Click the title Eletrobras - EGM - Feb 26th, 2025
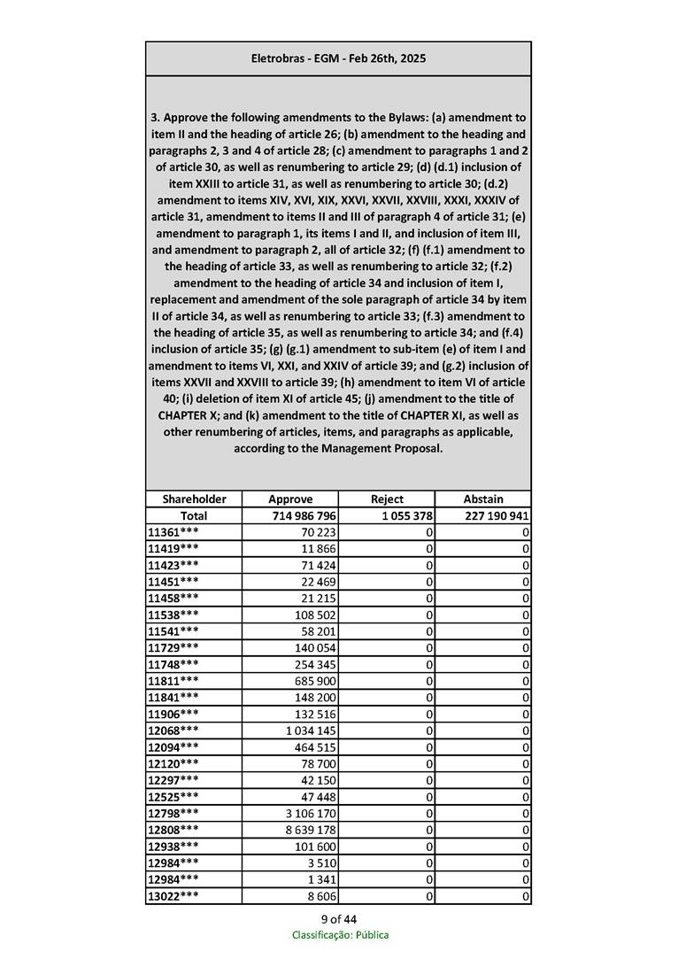[x=338, y=58]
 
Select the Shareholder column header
[x=194, y=499]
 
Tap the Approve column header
[x=290, y=499]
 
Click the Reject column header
[x=387, y=499]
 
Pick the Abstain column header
[x=482, y=499]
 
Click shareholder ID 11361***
[x=173, y=532]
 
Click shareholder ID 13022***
[x=173, y=896]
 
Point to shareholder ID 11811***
[x=173, y=681]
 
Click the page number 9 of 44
[x=339, y=919]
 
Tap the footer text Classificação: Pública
[x=340, y=935]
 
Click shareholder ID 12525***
[x=173, y=796]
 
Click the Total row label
[x=194, y=516]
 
